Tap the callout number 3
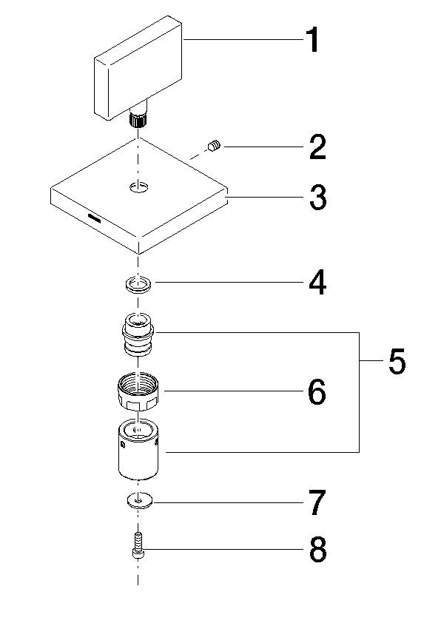pos(317,198)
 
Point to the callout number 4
pos(317,282)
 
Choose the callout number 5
pos(397,362)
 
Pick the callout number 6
pos(316,392)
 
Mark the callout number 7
pos(317,503)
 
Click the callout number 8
pos(317,550)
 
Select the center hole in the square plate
pos(138,188)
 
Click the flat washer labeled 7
pos(137,501)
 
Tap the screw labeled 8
pos(138,546)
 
